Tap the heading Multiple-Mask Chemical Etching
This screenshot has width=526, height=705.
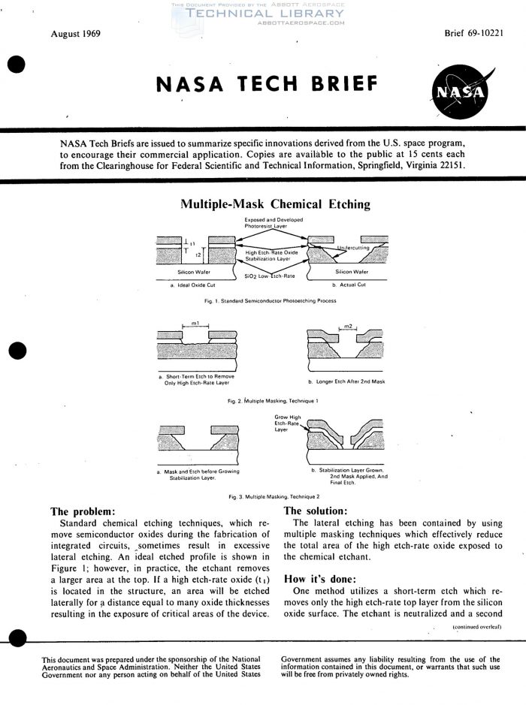tap(262, 203)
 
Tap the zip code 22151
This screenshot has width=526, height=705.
tap(449, 165)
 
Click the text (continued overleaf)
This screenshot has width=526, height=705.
tap(476, 625)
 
